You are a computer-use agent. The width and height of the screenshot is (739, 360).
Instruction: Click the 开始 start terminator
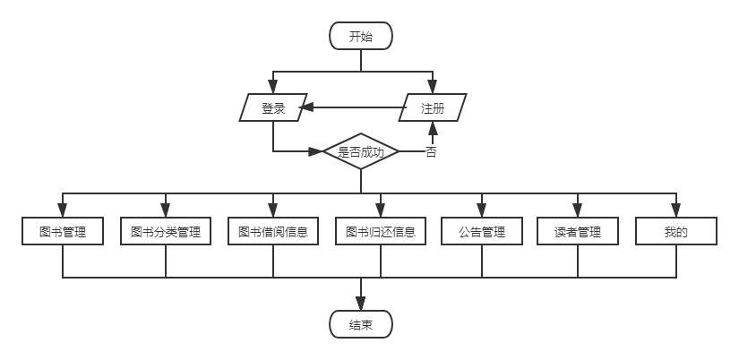coord(360,37)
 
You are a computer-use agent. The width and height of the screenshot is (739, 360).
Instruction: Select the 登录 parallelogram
coord(273,108)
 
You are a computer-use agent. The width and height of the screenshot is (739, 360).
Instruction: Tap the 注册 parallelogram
coord(433,108)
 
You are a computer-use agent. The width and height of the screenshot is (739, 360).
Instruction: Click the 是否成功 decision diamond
coord(360,152)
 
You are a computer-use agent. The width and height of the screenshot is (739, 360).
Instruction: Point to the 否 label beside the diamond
coord(431,152)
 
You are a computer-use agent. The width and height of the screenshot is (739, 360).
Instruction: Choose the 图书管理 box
coord(63,232)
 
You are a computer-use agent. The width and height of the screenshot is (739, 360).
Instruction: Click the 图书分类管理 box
coord(166,232)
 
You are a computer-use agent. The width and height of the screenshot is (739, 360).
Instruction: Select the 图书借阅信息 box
coord(272,232)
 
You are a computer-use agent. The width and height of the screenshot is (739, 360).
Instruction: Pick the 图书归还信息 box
coord(381,232)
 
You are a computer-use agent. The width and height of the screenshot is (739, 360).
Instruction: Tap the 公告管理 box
coord(482,232)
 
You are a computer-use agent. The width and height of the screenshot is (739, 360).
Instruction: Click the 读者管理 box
coord(578,232)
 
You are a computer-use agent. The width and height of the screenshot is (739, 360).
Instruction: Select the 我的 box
coord(675,232)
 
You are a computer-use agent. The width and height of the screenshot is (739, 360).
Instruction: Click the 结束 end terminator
coord(360,324)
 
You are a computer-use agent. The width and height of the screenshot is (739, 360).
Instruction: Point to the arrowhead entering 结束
coord(360,305)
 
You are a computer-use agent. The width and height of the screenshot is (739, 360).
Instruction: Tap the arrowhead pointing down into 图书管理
coord(63,211)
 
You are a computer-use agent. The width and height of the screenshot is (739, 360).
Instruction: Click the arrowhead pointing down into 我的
coord(675,211)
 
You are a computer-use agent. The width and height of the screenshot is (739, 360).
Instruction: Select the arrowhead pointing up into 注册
coord(434,128)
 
